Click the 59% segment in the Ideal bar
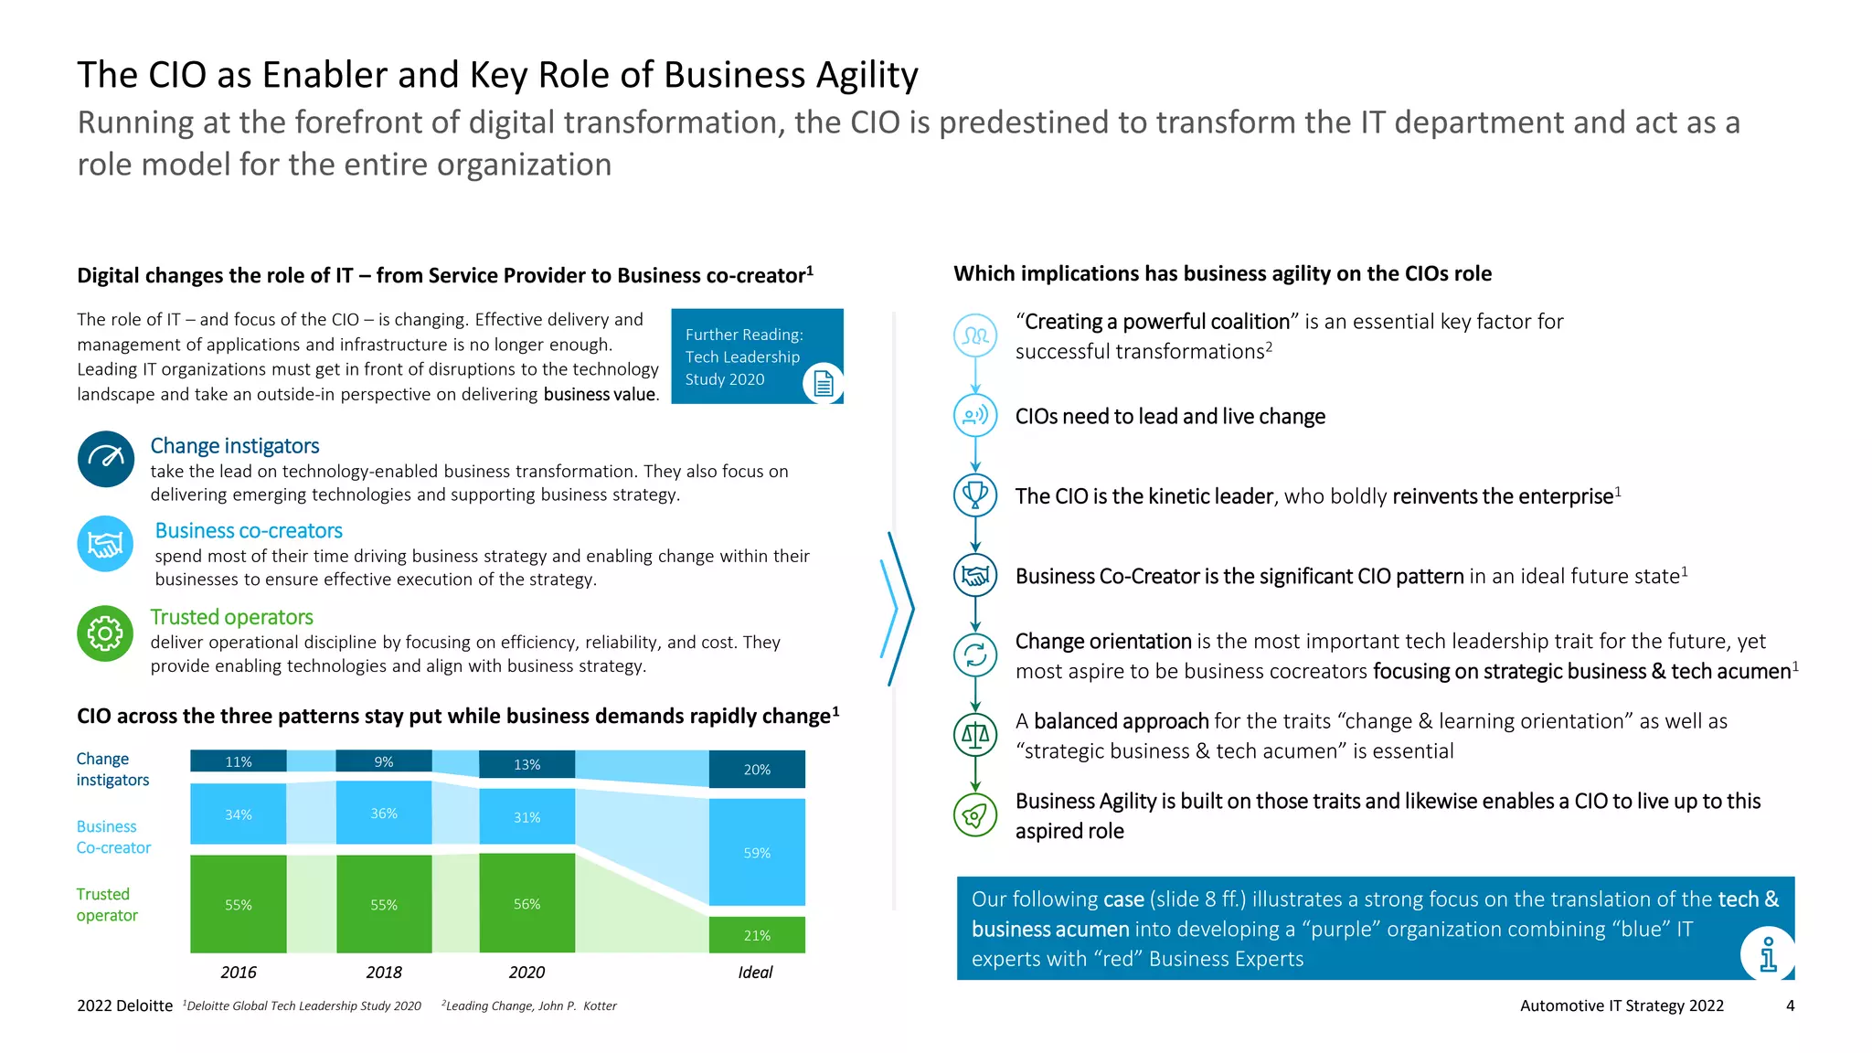pyautogui.click(x=757, y=852)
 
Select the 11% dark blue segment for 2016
pyautogui.click(x=238, y=761)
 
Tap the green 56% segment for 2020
pyautogui.click(x=526, y=903)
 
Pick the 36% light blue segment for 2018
pyautogui.click(x=384, y=813)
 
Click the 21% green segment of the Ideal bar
pyautogui.click(x=757, y=935)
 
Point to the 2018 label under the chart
pyautogui.click(x=384, y=973)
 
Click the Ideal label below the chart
pyautogui.click(x=755, y=973)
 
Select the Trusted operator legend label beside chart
pyautogui.click(x=107, y=904)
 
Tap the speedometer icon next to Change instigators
pyautogui.click(x=106, y=459)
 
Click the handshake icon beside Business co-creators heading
pyautogui.click(x=105, y=545)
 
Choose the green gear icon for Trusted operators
pyautogui.click(x=105, y=633)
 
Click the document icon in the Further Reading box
pyautogui.click(x=823, y=383)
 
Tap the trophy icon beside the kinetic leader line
pyautogui.click(x=975, y=495)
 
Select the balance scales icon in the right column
pyautogui.click(x=975, y=734)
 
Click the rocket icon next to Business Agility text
pyautogui.click(x=975, y=814)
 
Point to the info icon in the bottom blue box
pyautogui.click(x=1768, y=954)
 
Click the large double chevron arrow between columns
pyautogui.click(x=897, y=609)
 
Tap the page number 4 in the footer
pyautogui.click(x=1790, y=1005)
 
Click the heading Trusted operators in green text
pyautogui.click(x=231, y=617)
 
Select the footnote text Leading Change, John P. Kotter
pyautogui.click(x=530, y=1005)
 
